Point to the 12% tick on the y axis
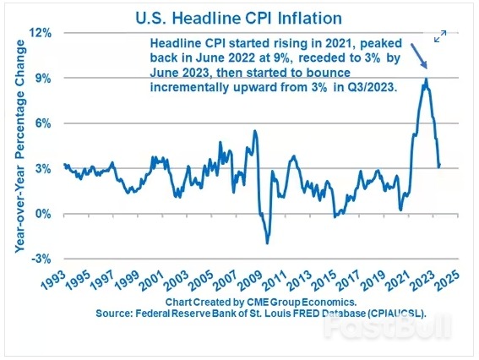tap(41, 32)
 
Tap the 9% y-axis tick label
tap(44, 78)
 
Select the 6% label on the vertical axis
tap(44, 123)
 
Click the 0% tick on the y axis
tap(44, 214)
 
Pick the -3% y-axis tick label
tap(42, 259)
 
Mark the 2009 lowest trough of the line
tap(267, 243)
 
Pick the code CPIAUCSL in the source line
tap(395, 313)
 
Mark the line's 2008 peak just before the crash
tap(255, 131)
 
